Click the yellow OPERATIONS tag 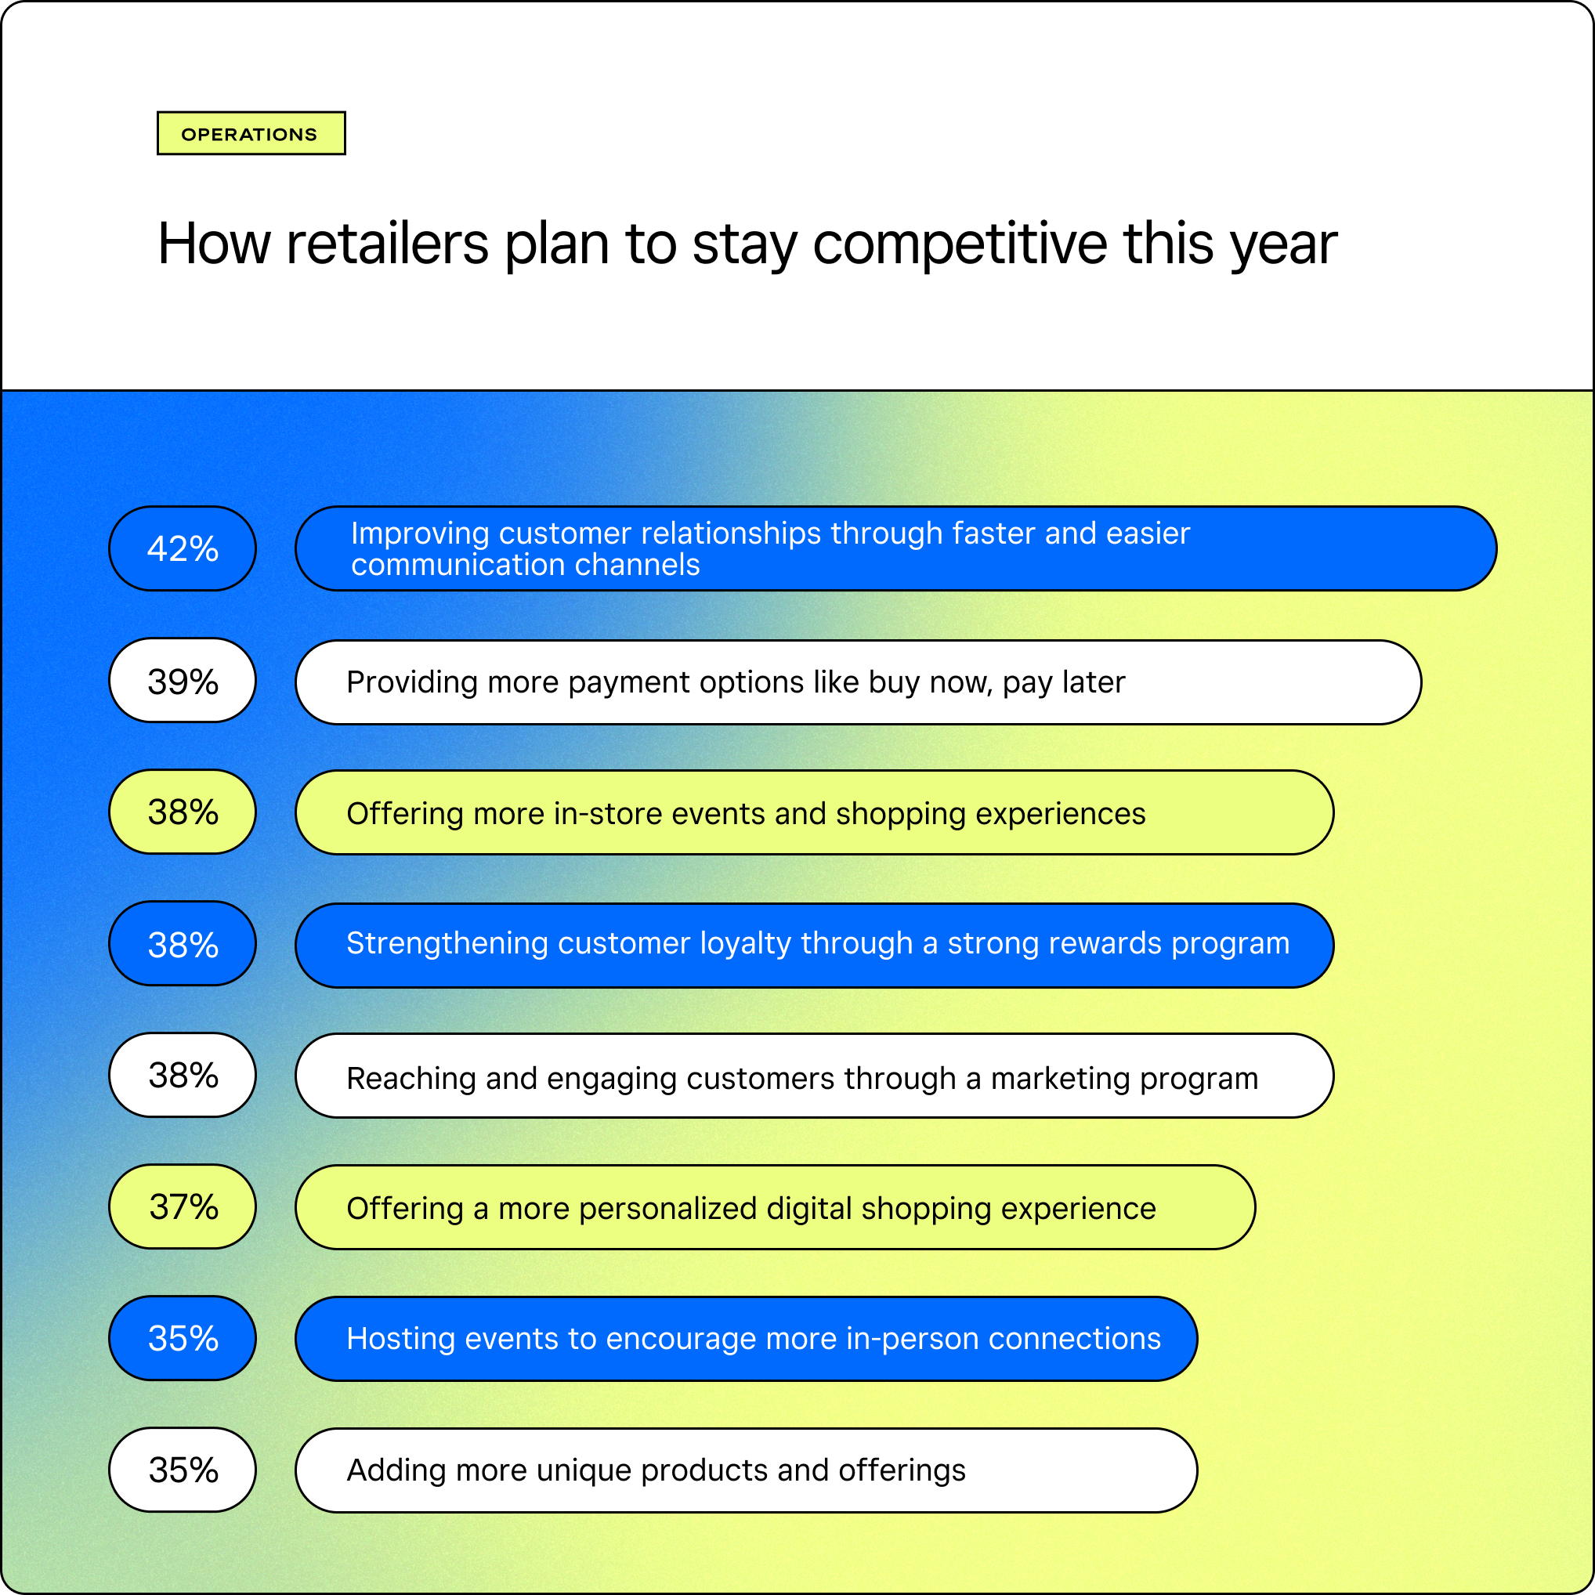pos(251,133)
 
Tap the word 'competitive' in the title pos(960,244)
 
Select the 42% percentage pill pos(183,548)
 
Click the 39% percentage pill pos(183,680)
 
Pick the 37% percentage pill pos(183,1206)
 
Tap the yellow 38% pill pos(183,812)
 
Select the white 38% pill pos(183,1075)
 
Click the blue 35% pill pos(183,1337)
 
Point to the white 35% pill pos(183,1470)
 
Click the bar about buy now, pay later pos(858,682)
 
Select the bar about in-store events pos(814,812)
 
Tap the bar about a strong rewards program pos(814,945)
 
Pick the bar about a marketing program pos(814,1076)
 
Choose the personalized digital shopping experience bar pos(776,1207)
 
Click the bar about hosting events pos(747,1338)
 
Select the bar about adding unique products pos(747,1470)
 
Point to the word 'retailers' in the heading pos(387,244)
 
